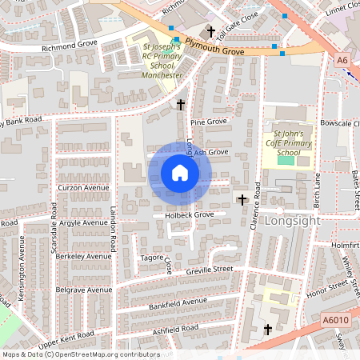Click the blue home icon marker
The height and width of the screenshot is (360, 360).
tap(180, 173)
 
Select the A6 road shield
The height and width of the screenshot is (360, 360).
tap(343, 60)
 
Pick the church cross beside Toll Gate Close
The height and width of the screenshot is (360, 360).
tap(211, 32)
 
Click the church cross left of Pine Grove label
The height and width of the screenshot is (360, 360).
tap(181, 105)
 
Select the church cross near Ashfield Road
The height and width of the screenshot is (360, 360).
tap(267, 329)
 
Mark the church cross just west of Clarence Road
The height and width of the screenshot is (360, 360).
tap(241, 198)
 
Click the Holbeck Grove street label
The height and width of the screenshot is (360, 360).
tap(183, 214)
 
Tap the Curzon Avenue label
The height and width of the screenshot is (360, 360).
tap(83, 188)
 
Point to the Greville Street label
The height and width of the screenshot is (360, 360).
tap(211, 270)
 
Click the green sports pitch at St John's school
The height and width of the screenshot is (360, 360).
tap(286, 161)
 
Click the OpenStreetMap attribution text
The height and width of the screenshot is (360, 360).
tap(80, 354)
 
